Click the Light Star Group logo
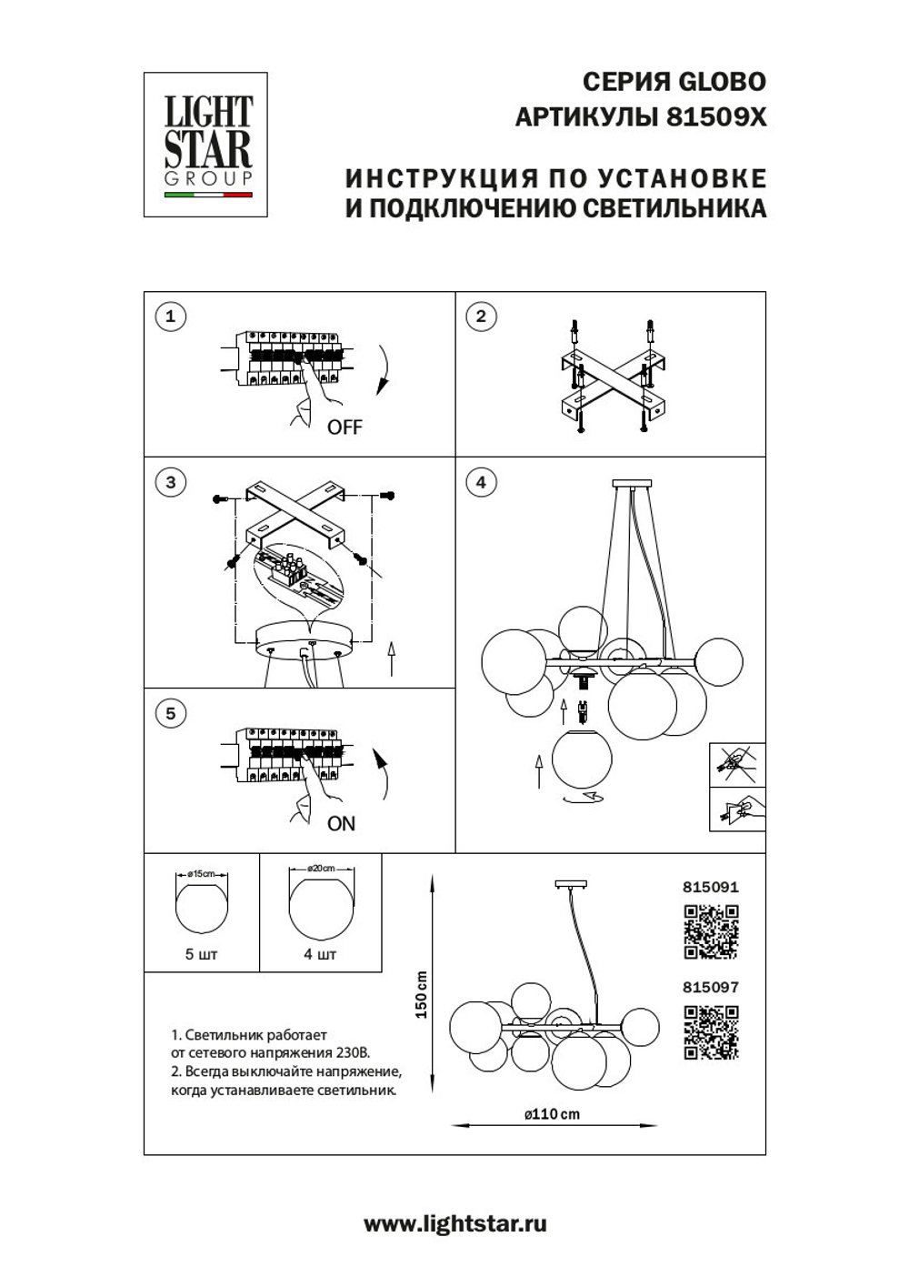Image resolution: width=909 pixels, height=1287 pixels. (x=206, y=145)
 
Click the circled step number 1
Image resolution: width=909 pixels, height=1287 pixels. (x=170, y=317)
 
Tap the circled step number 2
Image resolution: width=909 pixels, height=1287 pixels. (x=481, y=317)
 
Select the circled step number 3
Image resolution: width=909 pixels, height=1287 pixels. (x=170, y=482)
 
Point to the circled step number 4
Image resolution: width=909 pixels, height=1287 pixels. (x=481, y=482)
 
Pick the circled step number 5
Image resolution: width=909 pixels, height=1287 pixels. (x=170, y=713)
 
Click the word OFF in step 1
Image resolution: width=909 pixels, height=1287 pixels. (x=345, y=427)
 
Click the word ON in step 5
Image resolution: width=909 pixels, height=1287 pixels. (x=341, y=823)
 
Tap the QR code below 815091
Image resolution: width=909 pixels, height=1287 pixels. (x=711, y=931)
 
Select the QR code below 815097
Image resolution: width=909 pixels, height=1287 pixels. (x=711, y=1032)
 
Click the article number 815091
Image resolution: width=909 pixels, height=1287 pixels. (x=711, y=887)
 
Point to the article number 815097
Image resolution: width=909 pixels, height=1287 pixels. (x=711, y=987)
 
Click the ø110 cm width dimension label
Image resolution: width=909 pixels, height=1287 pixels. (x=552, y=1113)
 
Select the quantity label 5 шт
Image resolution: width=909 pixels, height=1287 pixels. (x=202, y=954)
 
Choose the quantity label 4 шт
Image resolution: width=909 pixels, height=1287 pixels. (x=320, y=954)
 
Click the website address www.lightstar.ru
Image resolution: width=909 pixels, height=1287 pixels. (x=454, y=1224)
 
